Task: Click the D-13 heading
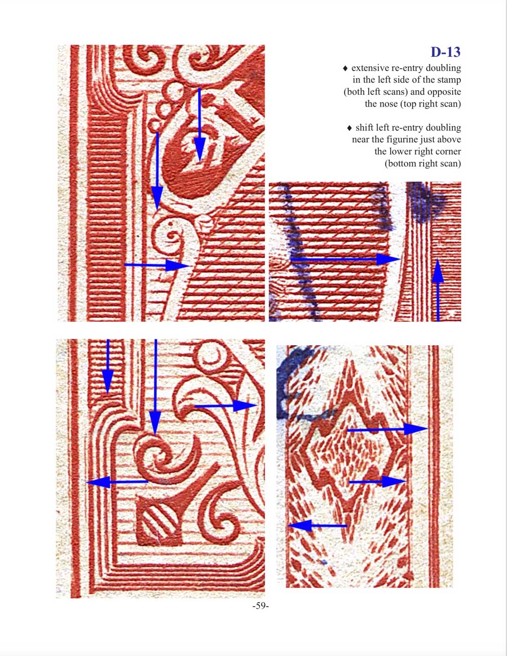click(446, 52)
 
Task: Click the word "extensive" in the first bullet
click(370, 68)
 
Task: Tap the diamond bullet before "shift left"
click(349, 128)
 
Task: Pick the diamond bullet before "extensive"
click(346, 68)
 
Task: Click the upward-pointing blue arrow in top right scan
click(438, 290)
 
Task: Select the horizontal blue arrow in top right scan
click(346, 259)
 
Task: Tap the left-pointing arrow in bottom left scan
click(117, 482)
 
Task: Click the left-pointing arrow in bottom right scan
click(317, 525)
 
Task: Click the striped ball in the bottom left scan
click(159, 522)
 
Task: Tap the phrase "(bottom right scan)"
click(423, 163)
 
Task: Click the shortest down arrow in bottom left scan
click(108, 366)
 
